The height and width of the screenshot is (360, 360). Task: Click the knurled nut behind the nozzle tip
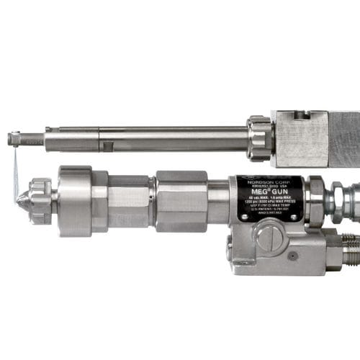pyautogui.click(x=41, y=199)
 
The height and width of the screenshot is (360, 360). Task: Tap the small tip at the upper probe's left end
pyautogui.click(x=14, y=139)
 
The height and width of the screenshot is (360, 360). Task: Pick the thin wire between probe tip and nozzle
pyautogui.click(x=15, y=169)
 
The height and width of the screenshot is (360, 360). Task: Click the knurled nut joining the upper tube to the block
pyautogui.click(x=259, y=138)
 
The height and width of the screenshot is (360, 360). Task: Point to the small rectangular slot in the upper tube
pyautogui.click(x=107, y=146)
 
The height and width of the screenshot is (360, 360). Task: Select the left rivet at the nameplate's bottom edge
pyautogui.click(x=246, y=218)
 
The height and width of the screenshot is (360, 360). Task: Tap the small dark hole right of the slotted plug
pyautogui.click(x=292, y=255)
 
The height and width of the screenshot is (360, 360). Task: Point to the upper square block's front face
pyautogui.click(x=300, y=142)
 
